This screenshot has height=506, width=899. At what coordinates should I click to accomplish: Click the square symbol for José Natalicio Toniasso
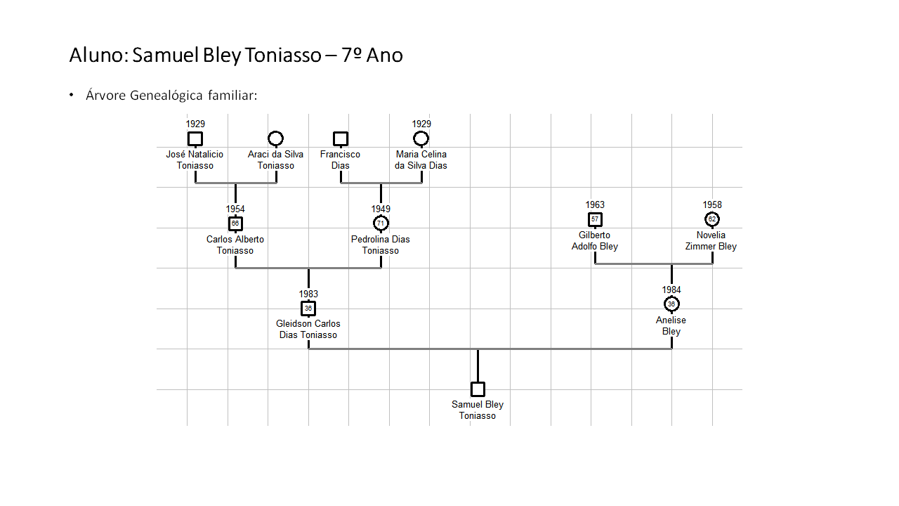(195, 138)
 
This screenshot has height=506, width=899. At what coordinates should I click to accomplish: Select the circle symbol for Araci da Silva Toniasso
(276, 138)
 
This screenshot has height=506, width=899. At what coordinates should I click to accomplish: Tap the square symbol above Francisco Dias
(341, 138)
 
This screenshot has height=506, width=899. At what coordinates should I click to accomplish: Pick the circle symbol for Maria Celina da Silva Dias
(421, 138)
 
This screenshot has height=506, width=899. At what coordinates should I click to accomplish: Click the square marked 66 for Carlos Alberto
(235, 223)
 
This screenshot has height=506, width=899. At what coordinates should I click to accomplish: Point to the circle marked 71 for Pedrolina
(381, 223)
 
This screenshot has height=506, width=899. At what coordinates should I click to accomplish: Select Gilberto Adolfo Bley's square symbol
(595, 219)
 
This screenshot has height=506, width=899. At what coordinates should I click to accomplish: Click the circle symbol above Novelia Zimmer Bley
(712, 219)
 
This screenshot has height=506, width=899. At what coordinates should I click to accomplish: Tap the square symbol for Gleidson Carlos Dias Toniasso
(308, 309)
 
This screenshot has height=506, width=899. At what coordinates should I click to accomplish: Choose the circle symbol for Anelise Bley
(671, 304)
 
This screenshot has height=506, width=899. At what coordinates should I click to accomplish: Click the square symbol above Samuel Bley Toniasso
(478, 389)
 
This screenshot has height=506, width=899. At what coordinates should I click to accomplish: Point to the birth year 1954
(235, 209)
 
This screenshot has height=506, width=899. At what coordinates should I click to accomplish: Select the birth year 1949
(381, 209)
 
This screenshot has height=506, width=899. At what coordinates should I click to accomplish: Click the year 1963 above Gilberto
(595, 205)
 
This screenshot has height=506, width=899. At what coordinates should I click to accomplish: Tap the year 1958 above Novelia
(712, 205)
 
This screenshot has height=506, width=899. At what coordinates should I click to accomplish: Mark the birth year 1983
(308, 294)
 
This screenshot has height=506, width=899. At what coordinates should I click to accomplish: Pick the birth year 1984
(671, 290)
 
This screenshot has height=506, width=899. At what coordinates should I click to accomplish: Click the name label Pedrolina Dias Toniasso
(381, 245)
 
